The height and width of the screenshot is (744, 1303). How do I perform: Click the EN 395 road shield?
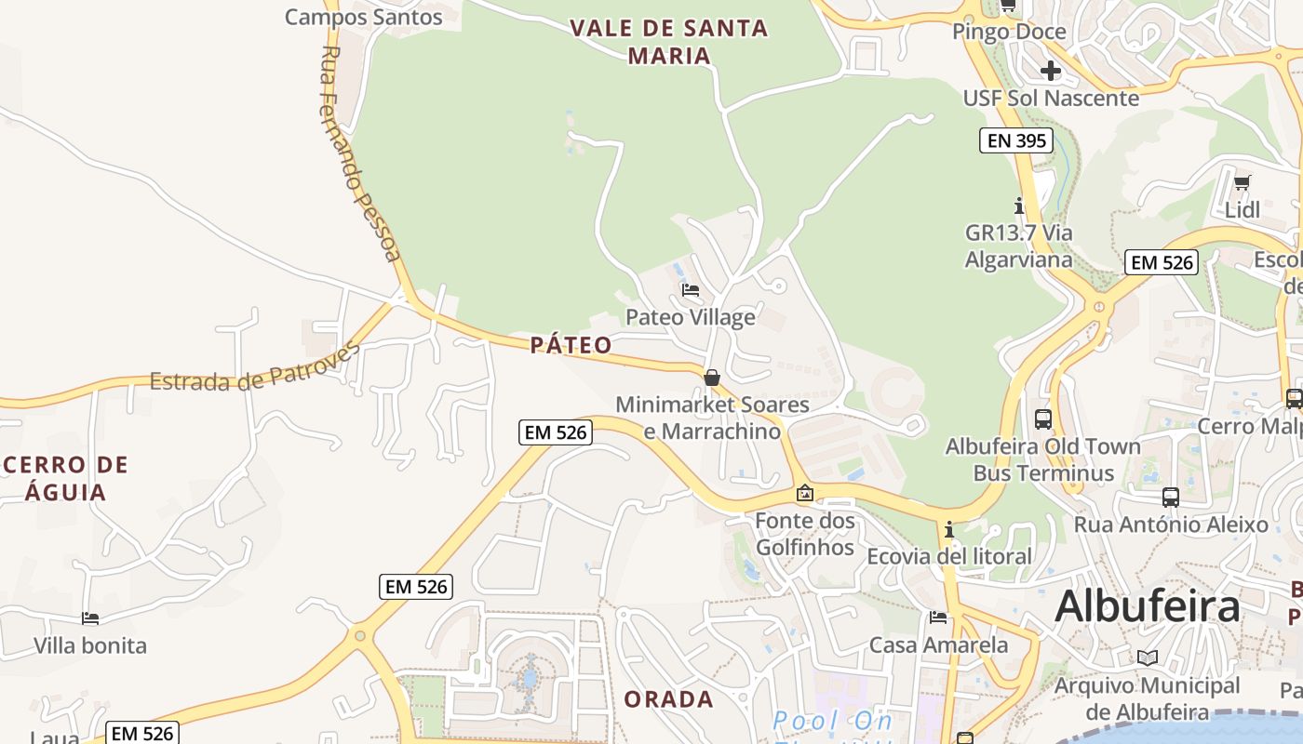click(x=1016, y=141)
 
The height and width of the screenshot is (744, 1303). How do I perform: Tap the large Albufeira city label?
click(x=1147, y=606)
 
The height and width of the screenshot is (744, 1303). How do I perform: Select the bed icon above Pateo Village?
click(x=690, y=290)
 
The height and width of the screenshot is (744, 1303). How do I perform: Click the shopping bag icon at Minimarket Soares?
click(x=712, y=378)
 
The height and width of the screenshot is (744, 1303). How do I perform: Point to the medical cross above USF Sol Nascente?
click(x=1051, y=71)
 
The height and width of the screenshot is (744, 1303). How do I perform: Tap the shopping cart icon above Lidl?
click(x=1242, y=182)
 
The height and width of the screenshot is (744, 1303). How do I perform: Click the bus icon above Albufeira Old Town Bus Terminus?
click(x=1042, y=418)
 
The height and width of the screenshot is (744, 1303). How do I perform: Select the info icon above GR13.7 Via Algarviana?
click(x=1019, y=206)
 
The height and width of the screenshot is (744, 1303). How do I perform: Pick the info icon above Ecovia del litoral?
click(x=949, y=530)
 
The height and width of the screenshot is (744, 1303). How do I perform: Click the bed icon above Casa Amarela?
click(x=938, y=618)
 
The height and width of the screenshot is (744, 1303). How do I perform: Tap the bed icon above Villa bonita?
click(x=90, y=618)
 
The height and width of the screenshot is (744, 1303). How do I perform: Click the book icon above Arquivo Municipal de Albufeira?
click(x=1148, y=658)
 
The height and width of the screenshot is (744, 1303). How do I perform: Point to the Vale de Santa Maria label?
click(x=669, y=42)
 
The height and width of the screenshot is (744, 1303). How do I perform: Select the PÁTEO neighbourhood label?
click(x=571, y=346)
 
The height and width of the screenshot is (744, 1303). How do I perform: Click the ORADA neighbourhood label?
click(x=668, y=699)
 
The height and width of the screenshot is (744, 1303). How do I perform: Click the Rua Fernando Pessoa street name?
click(x=360, y=153)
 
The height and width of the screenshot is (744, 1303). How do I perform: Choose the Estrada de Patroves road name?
click(x=255, y=368)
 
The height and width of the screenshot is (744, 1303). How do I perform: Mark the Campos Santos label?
click(x=363, y=17)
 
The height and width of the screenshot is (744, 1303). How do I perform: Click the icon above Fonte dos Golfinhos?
click(x=804, y=494)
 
